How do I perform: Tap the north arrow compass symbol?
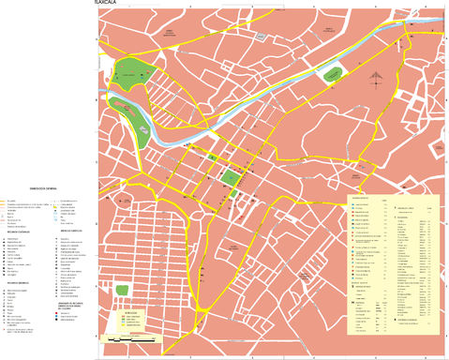[375, 79]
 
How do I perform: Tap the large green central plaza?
[231, 177]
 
